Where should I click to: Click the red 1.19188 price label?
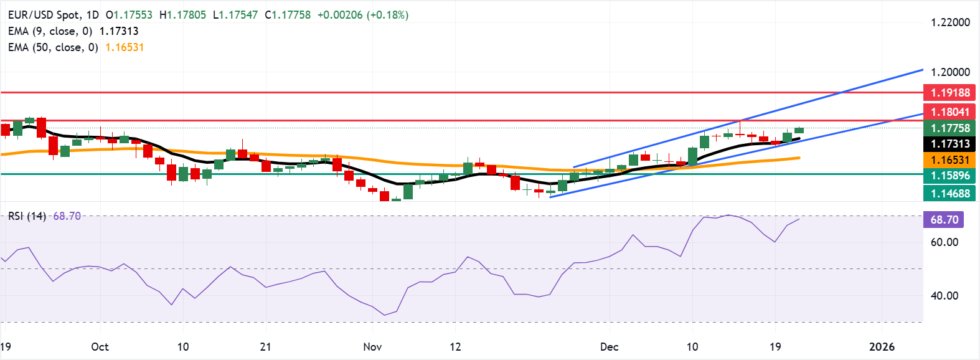950,93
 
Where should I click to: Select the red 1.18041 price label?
950,111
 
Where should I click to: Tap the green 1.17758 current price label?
950,128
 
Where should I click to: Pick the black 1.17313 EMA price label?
950,144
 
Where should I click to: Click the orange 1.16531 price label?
950,160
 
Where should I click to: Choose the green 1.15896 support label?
950,176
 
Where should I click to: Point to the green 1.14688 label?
950,193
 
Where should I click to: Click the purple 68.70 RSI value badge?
944,220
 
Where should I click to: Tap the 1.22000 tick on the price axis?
950,22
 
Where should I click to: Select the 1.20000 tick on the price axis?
950,72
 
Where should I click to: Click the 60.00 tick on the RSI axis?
944,242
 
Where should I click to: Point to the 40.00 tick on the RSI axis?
944,296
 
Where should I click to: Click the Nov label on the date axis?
372,347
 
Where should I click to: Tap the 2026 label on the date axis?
882,347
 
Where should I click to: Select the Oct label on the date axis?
100,347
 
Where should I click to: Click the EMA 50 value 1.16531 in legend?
125,47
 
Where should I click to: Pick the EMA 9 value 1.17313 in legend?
119,31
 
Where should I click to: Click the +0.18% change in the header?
389,15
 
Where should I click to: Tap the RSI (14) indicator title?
27,216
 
